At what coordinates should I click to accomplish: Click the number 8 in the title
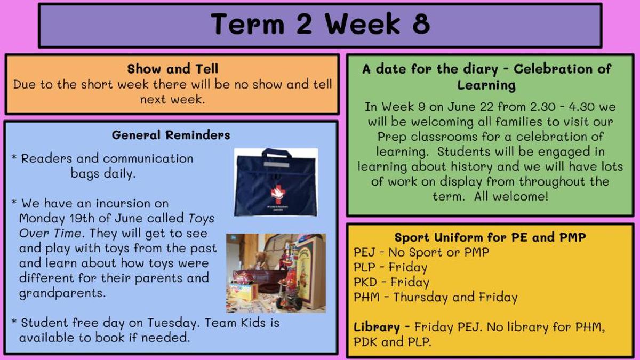coord(421,23)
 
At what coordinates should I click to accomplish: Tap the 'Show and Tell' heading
coord(173,69)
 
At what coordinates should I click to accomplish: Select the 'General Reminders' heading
coord(171,135)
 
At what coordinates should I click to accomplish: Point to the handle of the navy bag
coord(277,153)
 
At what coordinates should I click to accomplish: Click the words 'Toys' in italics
coord(202,218)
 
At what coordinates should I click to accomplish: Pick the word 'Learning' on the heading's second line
coord(486,85)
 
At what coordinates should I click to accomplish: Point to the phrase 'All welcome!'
coord(511,197)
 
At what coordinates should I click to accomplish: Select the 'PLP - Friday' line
coord(390,267)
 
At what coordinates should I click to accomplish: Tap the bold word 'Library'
coord(377,327)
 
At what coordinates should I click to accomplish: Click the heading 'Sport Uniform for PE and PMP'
coord(490,237)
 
